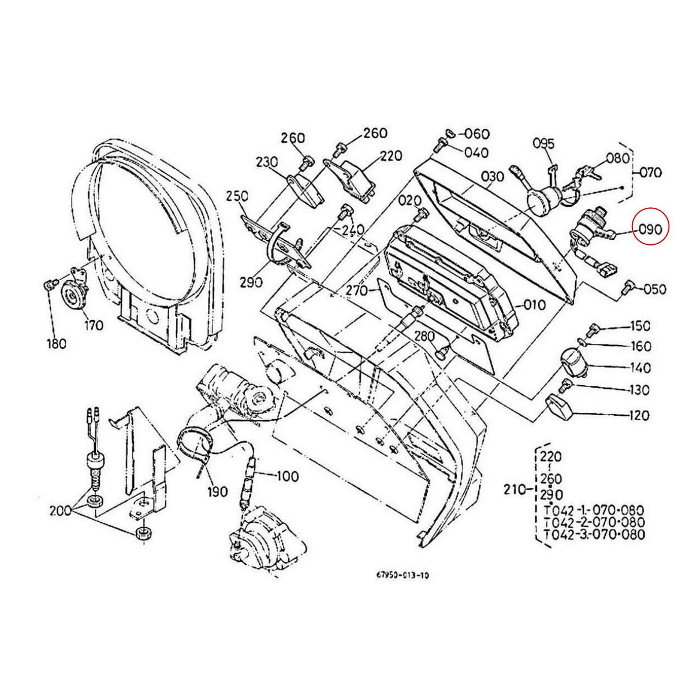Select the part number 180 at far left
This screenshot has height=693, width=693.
pos(55,343)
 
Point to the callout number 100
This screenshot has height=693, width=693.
pos(286,476)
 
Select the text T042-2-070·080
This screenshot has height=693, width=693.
pos(594,523)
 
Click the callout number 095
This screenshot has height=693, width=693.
pos(543,143)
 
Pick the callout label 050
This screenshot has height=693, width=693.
pos(654,289)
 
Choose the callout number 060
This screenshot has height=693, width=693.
pos(477,134)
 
